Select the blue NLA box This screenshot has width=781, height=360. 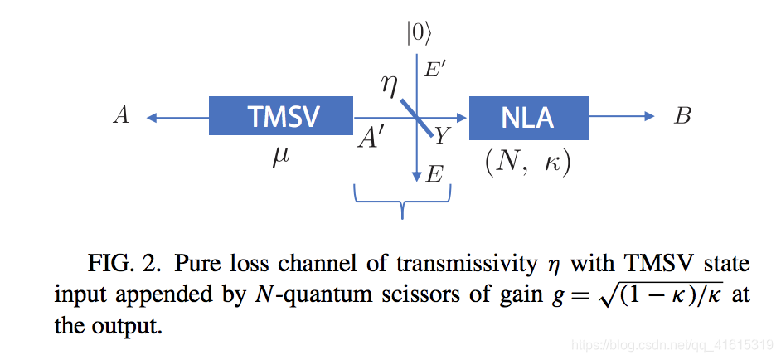coord(528,117)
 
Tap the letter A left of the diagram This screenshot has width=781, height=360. coord(121,116)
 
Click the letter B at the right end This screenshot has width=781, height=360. coord(682,116)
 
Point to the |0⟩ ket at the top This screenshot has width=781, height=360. coord(417,32)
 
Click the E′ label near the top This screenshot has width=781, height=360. coord(434,70)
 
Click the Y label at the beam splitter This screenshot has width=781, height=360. coord(442,135)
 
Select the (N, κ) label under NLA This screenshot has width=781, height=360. coord(528,161)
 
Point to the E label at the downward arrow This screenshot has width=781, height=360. coord(434,174)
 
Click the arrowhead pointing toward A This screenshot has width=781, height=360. coord(152,117)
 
